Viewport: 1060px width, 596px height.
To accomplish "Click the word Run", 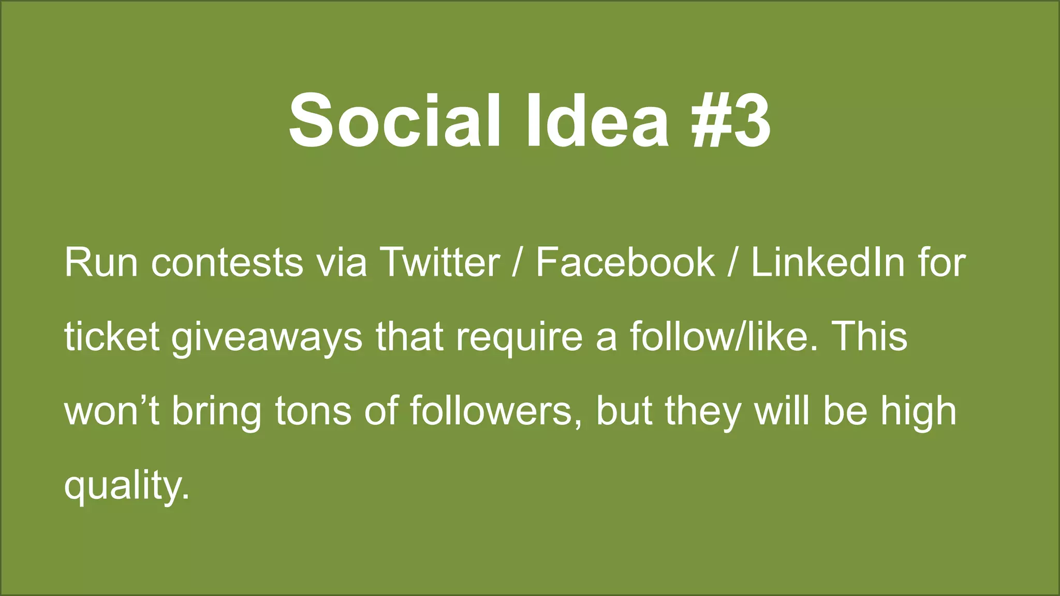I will click(101, 262).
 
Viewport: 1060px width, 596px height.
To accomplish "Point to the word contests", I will click(227, 262).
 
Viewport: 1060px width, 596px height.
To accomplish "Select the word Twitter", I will click(439, 262).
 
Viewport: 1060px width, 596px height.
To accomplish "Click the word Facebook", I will click(625, 262).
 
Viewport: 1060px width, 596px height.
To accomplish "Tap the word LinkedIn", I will click(828, 262).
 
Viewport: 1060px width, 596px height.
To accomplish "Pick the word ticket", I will click(111, 337).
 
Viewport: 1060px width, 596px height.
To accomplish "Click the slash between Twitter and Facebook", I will click(516, 262).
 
